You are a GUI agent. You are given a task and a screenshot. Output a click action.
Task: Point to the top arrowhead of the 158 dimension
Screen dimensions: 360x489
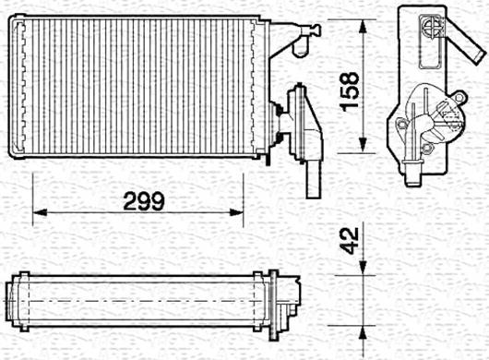coord(366,19)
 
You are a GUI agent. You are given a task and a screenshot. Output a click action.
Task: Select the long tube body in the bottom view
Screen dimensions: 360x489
coord(138,300)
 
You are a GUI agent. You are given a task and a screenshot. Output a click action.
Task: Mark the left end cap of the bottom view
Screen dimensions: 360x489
coord(15,301)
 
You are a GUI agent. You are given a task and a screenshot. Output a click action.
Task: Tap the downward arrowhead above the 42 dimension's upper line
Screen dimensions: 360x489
coord(366,268)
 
